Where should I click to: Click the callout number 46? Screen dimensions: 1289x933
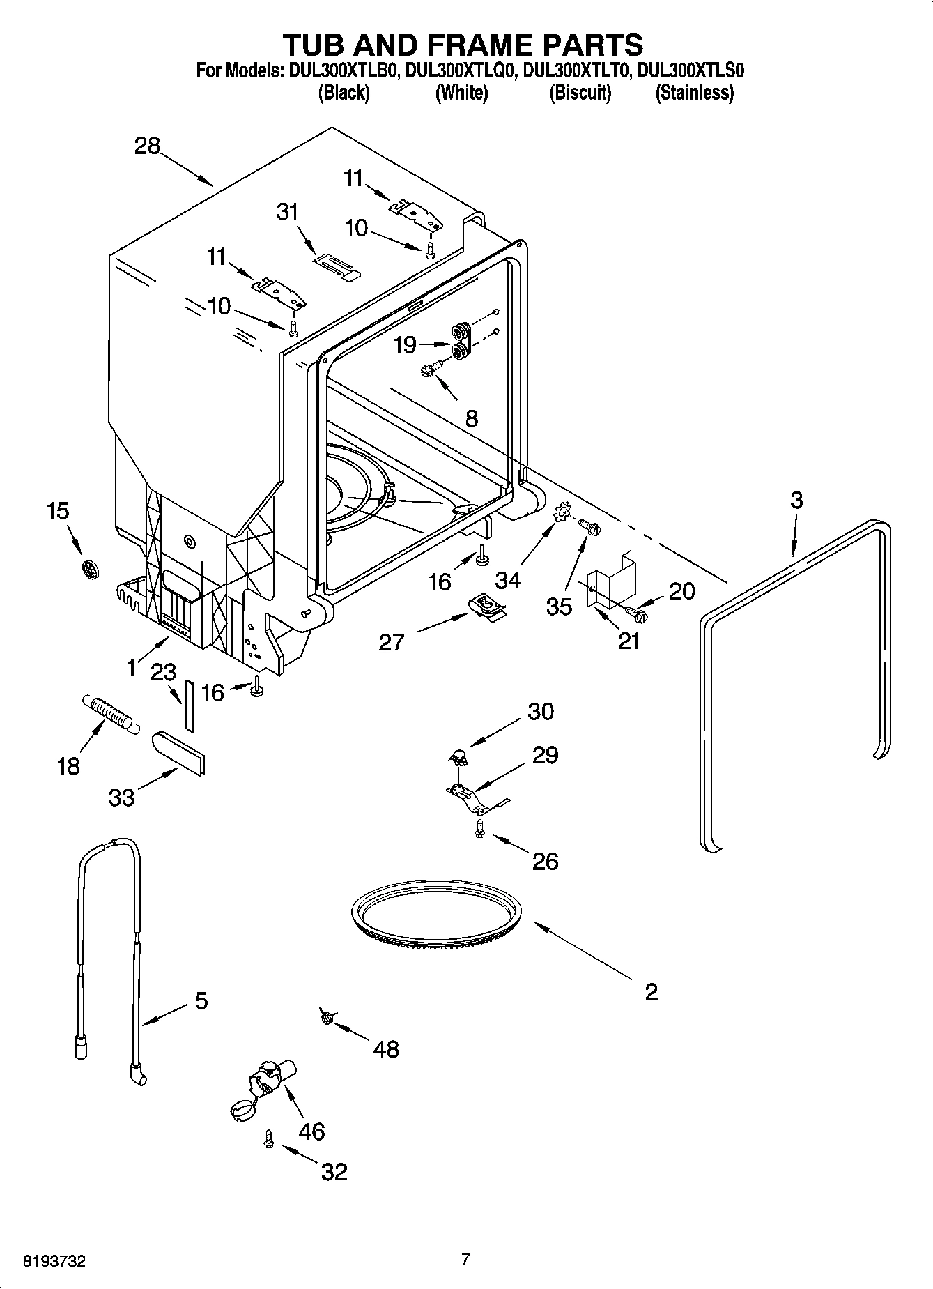(x=311, y=1131)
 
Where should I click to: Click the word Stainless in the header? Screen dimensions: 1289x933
(x=694, y=93)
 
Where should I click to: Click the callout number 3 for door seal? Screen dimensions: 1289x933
(x=796, y=500)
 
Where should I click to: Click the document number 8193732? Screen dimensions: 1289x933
(x=54, y=1260)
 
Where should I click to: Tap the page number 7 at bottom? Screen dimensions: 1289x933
(x=465, y=1258)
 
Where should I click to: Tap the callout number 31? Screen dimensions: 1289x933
(x=287, y=211)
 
